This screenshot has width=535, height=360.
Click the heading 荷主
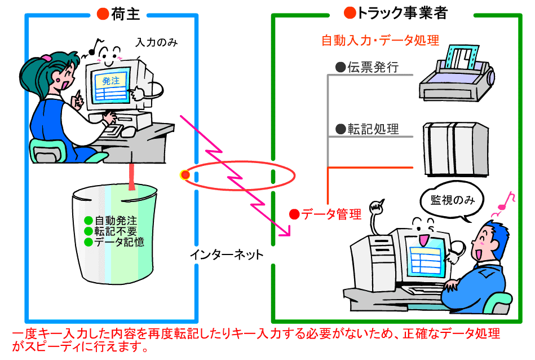click(126, 14)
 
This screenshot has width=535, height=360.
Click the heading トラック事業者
click(402, 13)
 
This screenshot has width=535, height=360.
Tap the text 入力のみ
click(157, 42)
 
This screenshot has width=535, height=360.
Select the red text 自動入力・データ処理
click(381, 41)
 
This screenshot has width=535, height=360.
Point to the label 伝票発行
click(373, 67)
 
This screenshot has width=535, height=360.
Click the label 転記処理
click(373, 129)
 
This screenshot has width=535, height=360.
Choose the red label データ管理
click(331, 214)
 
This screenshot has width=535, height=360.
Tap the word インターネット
click(227, 254)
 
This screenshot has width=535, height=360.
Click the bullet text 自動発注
click(116, 221)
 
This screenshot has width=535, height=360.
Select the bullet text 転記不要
click(116, 231)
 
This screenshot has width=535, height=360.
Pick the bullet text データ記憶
click(119, 242)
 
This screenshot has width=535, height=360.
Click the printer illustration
click(457, 73)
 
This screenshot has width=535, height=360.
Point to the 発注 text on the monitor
click(111, 81)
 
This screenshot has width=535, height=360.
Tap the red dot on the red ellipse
click(185, 175)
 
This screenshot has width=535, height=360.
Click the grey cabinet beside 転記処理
click(456, 150)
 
